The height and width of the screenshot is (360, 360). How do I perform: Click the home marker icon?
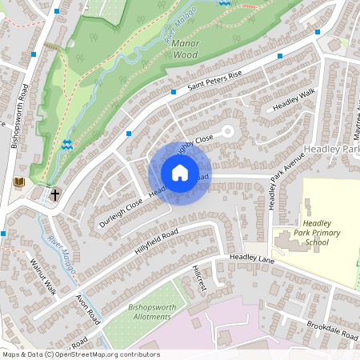coord(180,173)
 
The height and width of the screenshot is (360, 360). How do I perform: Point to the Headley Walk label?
coord(294,105)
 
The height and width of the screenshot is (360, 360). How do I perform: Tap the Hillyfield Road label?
coord(156,242)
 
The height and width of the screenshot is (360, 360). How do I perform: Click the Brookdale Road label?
coord(332,332)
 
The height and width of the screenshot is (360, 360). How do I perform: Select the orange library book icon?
coord(20,182)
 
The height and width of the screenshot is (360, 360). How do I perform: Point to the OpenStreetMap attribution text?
coord(80,354)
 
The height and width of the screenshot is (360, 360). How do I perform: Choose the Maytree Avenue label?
coord(349,127)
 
